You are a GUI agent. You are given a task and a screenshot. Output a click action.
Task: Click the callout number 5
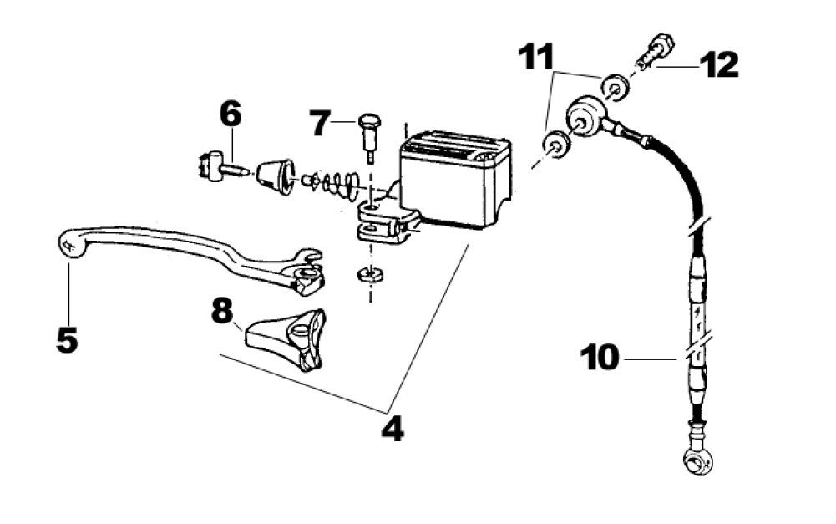coord(66,338)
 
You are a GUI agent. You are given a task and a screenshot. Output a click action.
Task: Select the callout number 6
coord(230,114)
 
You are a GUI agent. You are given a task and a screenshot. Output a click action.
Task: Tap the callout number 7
coord(322,123)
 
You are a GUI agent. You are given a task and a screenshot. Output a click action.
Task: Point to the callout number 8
coord(221,312)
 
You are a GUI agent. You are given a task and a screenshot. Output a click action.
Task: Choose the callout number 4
coord(392,429)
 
